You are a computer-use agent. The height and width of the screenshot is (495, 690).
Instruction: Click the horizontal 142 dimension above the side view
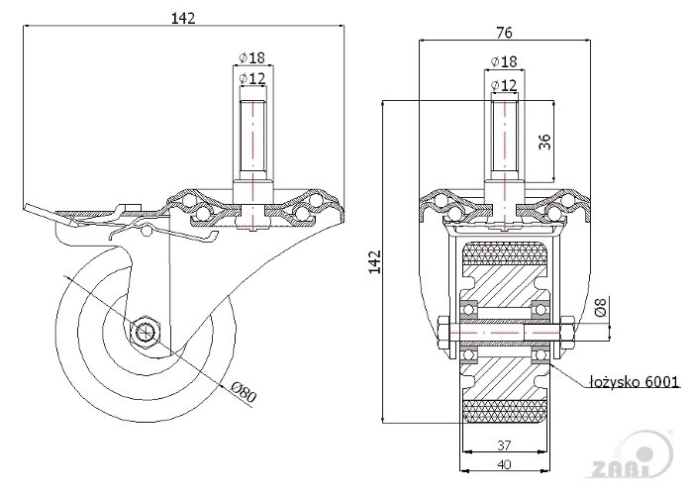[182, 17]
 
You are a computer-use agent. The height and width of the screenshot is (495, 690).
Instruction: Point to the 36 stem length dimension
[543, 142]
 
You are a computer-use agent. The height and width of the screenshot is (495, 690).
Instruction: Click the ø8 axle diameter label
[600, 309]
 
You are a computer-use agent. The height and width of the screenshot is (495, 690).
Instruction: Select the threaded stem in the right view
[504, 139]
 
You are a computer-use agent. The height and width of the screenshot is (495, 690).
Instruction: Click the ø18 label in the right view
[504, 62]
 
